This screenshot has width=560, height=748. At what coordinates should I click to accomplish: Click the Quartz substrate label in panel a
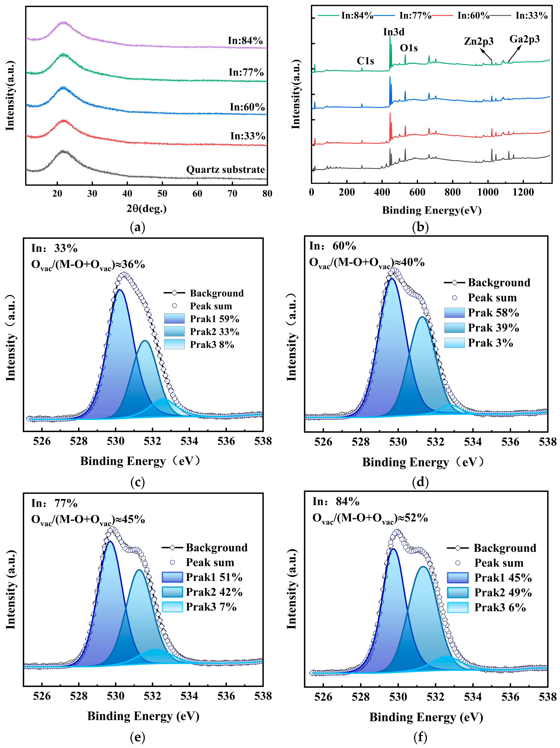click(x=225, y=169)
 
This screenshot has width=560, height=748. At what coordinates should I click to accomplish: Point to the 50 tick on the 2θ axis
click(x=162, y=193)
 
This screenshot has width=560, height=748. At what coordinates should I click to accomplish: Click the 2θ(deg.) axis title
click(x=147, y=209)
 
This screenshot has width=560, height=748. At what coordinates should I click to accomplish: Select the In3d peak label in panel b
click(x=394, y=32)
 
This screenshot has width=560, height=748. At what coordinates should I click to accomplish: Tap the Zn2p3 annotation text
click(x=479, y=42)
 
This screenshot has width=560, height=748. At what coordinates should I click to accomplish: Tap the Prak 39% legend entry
click(x=482, y=328)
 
